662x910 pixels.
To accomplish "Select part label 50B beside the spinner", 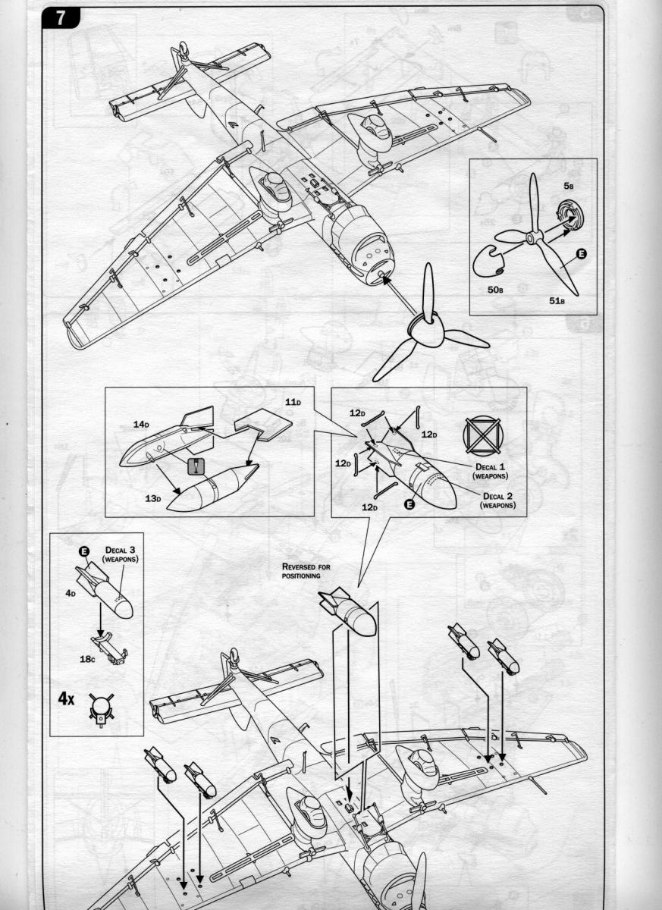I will (x=497, y=290).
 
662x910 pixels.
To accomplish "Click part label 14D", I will (x=141, y=425).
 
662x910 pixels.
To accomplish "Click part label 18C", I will (x=86, y=659).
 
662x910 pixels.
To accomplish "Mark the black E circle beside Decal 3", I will (x=83, y=551).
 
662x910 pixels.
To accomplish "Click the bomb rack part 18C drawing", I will (x=110, y=647).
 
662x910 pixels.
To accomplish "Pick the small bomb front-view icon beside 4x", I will (x=99, y=708).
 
